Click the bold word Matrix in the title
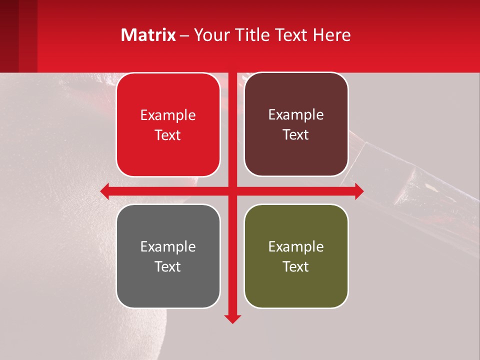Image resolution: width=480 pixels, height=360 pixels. tap(148, 34)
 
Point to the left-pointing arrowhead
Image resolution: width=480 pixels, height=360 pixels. tap(105, 191)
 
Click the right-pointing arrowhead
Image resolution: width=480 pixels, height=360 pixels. tap(359, 191)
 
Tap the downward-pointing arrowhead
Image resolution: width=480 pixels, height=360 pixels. tap(232, 318)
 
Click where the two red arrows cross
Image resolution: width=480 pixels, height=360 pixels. tap(232, 191)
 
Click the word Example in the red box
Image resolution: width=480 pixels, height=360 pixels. tap(168, 115)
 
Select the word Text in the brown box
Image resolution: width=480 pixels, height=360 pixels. tap(296, 135)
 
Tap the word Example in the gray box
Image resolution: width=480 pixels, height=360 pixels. tap(168, 246)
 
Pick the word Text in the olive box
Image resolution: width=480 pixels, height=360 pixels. tap(296, 266)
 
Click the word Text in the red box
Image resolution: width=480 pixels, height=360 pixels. tap(168, 135)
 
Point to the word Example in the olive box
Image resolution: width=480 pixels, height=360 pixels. tap(296, 246)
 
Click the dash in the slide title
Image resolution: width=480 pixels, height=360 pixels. tap(184, 35)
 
